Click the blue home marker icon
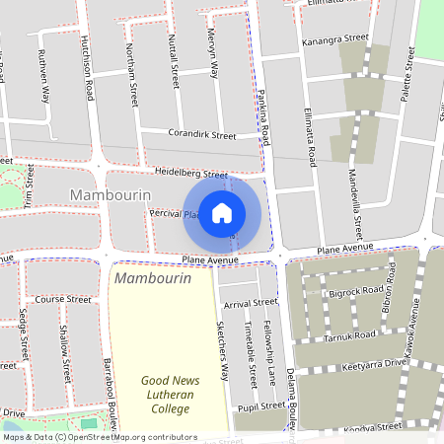click(x=222, y=213)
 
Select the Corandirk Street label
click(x=202, y=135)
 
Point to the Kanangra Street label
click(x=335, y=40)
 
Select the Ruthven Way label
click(x=44, y=78)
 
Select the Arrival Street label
click(x=251, y=303)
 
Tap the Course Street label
click(x=56, y=298)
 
